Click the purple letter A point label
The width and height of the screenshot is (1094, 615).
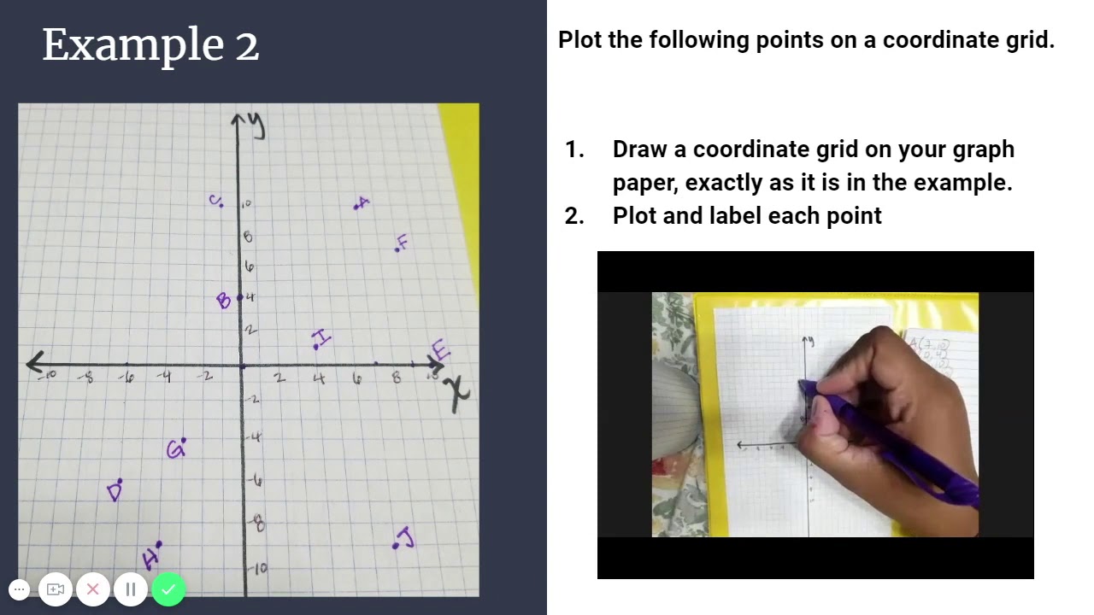[363, 202]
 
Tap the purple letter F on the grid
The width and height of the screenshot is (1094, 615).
[403, 242]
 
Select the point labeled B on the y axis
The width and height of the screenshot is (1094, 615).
[224, 300]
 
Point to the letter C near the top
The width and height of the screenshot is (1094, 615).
[214, 200]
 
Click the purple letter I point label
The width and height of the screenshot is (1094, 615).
[322, 337]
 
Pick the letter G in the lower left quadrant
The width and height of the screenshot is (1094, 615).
[175, 450]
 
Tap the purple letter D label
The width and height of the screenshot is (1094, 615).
[115, 492]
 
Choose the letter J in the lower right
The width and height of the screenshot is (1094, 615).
[405, 538]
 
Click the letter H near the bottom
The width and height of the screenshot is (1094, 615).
[150, 559]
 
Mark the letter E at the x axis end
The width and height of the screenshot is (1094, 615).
[440, 350]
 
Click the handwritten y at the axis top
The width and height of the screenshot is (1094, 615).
[256, 126]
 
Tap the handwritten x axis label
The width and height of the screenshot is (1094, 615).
[458, 394]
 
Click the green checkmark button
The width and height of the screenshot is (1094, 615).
[168, 589]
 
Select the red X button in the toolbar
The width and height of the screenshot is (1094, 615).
[93, 589]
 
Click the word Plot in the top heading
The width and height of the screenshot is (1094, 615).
[580, 40]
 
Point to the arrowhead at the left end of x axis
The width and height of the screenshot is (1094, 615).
[34, 363]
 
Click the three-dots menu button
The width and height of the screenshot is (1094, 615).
[19, 589]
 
